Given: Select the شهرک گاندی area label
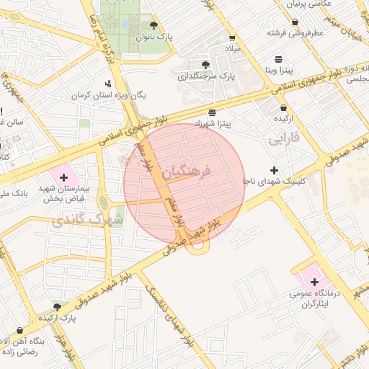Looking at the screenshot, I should [87, 218].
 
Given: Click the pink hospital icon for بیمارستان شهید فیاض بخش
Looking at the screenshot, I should [63, 177].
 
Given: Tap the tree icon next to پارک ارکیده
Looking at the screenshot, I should [57, 306].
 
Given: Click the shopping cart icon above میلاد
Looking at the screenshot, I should [232, 38].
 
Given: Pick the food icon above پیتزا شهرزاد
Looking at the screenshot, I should [211, 112].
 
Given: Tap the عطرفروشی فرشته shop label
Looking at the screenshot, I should [295, 32].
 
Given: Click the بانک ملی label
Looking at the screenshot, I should [14, 194].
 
